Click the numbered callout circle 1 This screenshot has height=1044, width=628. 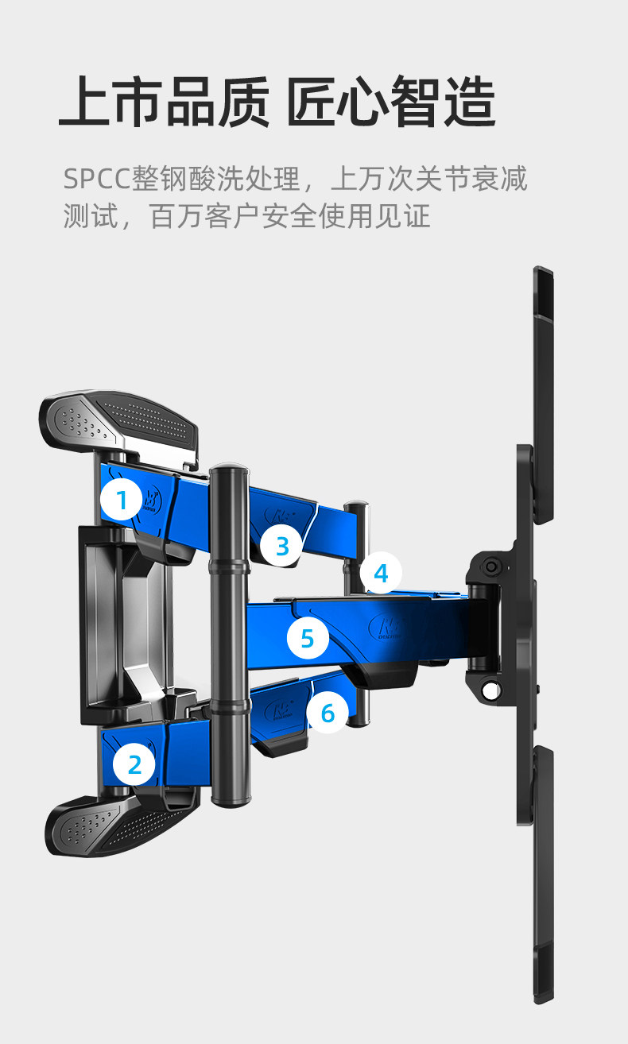coord(122,501)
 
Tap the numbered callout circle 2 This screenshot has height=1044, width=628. coord(134,764)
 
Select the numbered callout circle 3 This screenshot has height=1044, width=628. coord(282,545)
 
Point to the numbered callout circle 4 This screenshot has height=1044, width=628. coord(381,573)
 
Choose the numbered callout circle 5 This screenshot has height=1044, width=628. coord(307,638)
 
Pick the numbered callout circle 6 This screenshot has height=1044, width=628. coord(328,713)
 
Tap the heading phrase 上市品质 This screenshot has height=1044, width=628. coord(164,102)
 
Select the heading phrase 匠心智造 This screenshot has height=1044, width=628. coord(391,102)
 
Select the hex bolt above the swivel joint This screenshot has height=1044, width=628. coord(492,566)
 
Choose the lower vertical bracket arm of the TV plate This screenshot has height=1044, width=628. coord(543,874)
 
